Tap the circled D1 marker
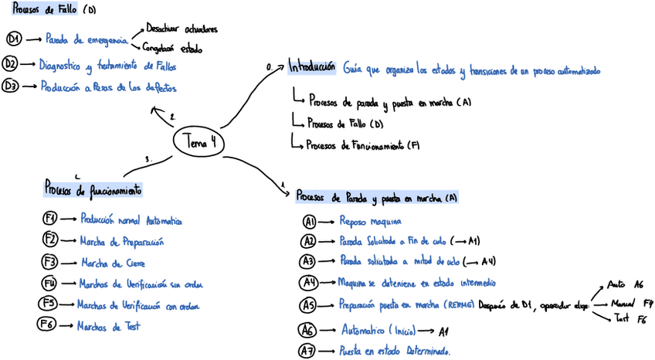[14, 38]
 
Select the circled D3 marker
[11, 87]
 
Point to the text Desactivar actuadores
[182, 29]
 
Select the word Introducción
[312, 66]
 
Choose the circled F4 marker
[50, 283]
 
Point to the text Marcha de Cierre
[113, 262]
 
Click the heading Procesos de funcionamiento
[93, 188]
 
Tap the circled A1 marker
[310, 221]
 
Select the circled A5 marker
[309, 304]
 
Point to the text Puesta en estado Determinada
[394, 351]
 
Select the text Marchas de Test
[109, 327]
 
